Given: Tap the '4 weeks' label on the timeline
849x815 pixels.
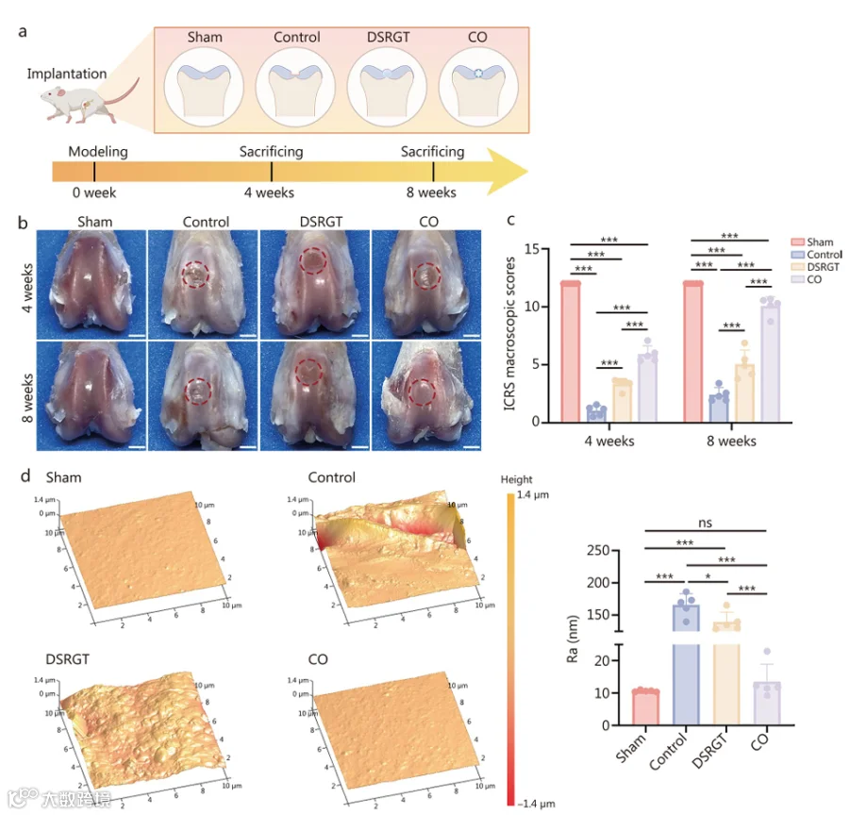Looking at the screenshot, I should point(270,192).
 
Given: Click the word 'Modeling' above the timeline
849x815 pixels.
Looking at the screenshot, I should point(98,151).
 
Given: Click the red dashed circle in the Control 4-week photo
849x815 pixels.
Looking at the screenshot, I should point(194,275).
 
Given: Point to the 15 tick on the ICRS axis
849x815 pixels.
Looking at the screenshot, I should point(544,249).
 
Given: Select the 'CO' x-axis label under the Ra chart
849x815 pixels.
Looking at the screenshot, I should point(759,747).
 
